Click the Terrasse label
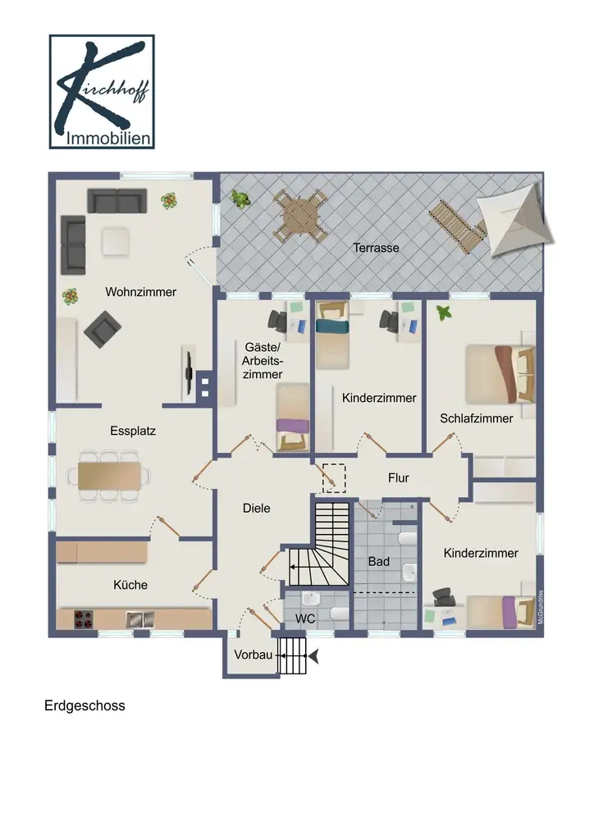pos(376,248)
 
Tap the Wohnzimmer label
pos(141,292)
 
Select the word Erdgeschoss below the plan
pos(85,705)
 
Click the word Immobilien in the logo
pos(108,139)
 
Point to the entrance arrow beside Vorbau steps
pos(313,655)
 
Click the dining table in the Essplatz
pos(109,476)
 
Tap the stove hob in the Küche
pos(83,619)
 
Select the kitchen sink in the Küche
pos(139,620)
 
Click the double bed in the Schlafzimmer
pos(500,374)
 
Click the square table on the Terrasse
pos(300,216)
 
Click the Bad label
pos(379,562)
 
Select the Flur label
pos(399,478)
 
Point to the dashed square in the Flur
pos(334,478)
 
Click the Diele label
pos(257,509)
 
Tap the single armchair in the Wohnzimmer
pos(103,330)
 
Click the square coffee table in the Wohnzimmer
pos(116,242)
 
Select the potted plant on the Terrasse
pos(240,199)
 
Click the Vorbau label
pos(254,655)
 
